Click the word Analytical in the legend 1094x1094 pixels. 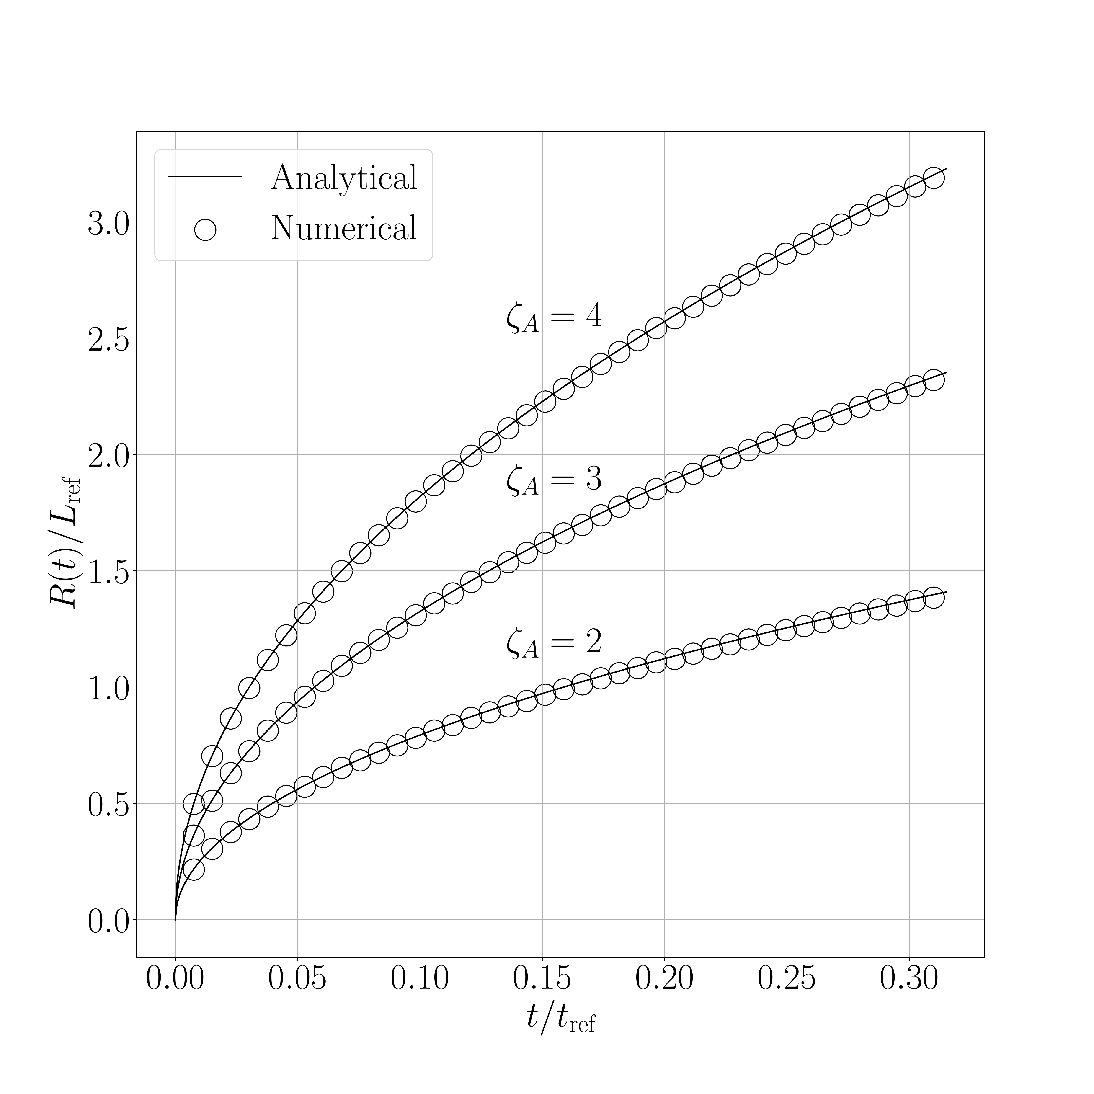point(344,178)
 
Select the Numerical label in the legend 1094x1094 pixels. point(344,228)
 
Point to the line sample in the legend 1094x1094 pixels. point(205,177)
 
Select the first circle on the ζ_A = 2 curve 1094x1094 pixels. point(194,870)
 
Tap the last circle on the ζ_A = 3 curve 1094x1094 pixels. point(934,380)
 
